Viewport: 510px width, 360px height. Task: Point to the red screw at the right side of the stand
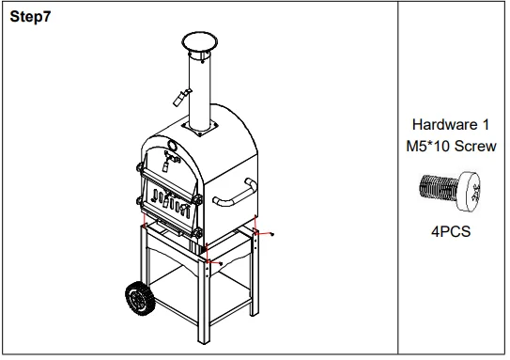pos(270,235)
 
